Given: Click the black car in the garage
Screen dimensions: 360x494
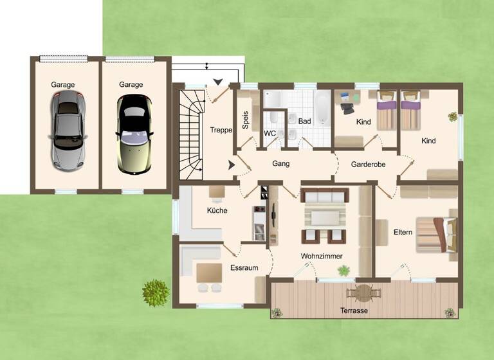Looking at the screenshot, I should tap(134, 133).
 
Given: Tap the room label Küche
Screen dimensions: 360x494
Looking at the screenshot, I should tap(217, 210).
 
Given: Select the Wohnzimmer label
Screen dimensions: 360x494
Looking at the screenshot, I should tap(322, 256).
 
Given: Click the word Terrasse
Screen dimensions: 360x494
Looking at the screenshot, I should tap(354, 310).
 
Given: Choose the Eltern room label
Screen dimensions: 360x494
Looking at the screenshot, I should tap(403, 231).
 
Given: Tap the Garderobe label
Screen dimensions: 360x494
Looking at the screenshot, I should tap(368, 164).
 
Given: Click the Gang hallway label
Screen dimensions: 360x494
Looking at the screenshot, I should tap(281, 163).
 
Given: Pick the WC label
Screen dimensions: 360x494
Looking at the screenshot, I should tap(270, 134).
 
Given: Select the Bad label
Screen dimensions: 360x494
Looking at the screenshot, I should tap(304, 121).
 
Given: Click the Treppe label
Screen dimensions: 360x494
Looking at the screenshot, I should tap(221, 130).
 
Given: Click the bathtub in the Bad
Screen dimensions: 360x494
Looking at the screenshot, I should tap(322, 109).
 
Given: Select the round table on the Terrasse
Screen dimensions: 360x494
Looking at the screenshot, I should tap(364, 293).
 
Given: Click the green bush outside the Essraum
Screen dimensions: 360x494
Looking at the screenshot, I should tap(156, 293).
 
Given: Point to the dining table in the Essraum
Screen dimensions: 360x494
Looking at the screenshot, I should tap(208, 271).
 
